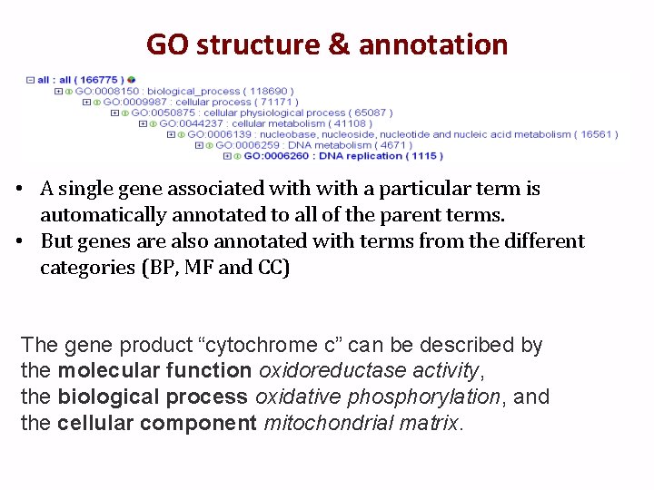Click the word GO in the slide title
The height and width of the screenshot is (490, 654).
click(166, 44)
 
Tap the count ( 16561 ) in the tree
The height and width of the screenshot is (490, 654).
click(596, 134)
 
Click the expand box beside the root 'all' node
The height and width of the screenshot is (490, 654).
click(30, 80)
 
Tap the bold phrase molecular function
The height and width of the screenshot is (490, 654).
click(154, 370)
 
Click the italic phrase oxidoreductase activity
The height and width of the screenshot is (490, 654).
click(381, 370)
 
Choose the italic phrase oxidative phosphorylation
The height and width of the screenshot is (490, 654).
click(378, 397)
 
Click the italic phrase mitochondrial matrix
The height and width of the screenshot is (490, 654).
click(362, 423)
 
